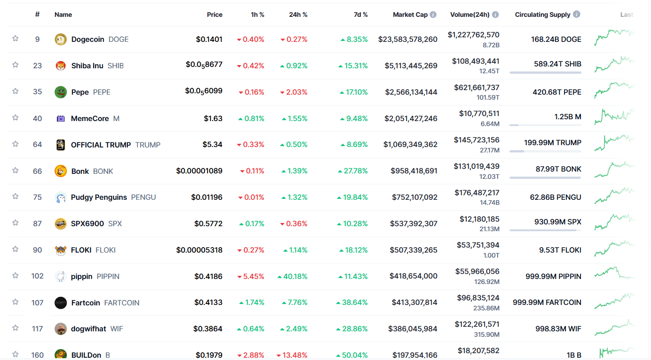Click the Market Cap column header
pyautogui.click(x=410, y=15)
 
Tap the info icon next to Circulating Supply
pyautogui.click(x=576, y=14)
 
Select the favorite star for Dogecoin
pyautogui.click(x=15, y=39)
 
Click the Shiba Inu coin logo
pyautogui.click(x=61, y=66)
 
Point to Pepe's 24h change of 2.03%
pyautogui.click(x=294, y=92)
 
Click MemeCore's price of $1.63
pyautogui.click(x=213, y=118)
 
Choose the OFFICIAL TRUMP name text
pyautogui.click(x=101, y=145)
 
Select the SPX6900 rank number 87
pyautogui.click(x=37, y=223)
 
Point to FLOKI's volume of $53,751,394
pyautogui.click(x=478, y=245)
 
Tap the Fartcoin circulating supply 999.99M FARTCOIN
pyautogui.click(x=547, y=302)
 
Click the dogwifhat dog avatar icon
pyautogui.click(x=61, y=329)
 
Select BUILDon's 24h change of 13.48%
pyautogui.click(x=294, y=355)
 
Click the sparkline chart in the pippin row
pyautogui.click(x=614, y=273)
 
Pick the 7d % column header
pyautogui.click(x=361, y=15)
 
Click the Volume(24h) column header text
pyautogui.click(x=469, y=15)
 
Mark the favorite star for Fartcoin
pyautogui.click(x=15, y=302)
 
